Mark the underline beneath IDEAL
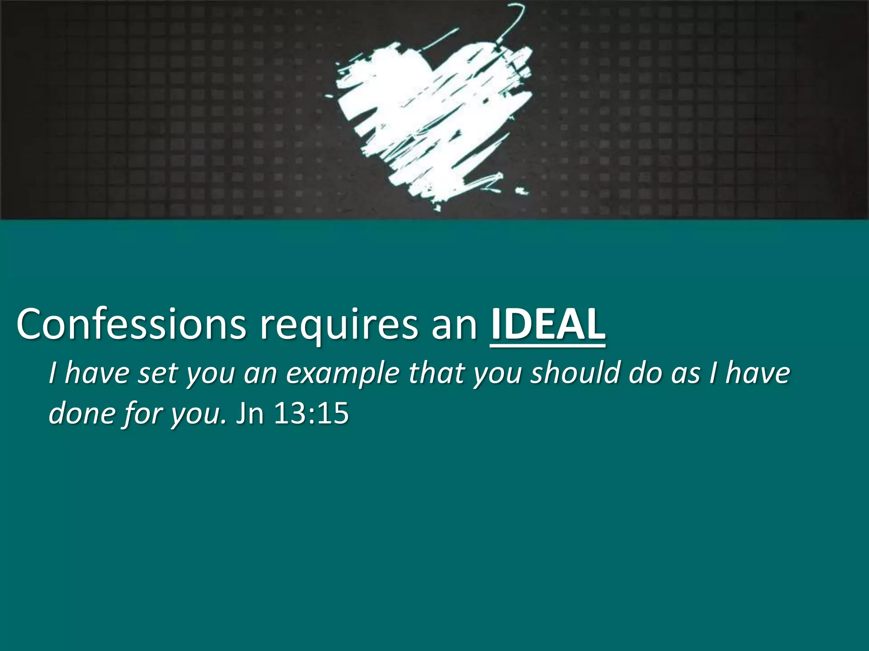click(x=548, y=346)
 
